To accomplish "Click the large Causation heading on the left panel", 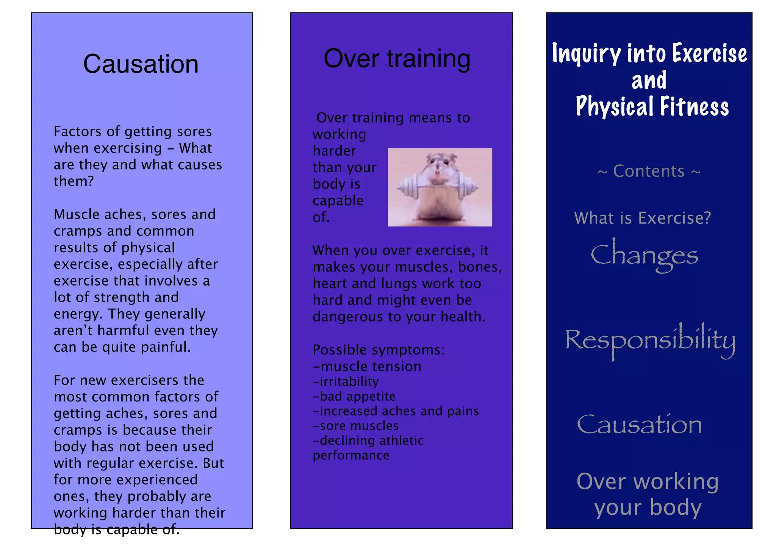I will tap(141, 64).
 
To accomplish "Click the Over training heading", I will tap(397, 59).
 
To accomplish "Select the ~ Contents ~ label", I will tap(649, 171).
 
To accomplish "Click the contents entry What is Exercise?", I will tap(642, 218).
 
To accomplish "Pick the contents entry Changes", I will tap(644, 255).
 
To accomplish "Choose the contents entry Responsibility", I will tap(650, 340).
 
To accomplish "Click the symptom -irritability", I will tap(346, 381).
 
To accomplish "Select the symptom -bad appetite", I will tap(354, 396).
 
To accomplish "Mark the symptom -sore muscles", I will tap(355, 426).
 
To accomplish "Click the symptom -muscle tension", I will tap(367, 366).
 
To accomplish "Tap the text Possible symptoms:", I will tap(379, 350).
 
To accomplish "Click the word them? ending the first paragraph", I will tap(74, 181).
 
